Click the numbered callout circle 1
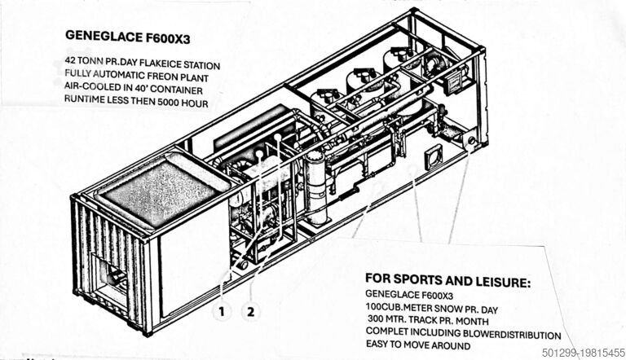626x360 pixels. pos(219,310)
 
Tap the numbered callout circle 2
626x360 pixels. pos(250,310)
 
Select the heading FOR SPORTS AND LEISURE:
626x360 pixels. pos(447,283)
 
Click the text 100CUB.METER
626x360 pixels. pos(404,309)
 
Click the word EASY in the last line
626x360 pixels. pos(380,347)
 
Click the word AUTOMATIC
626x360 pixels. pos(117,76)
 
